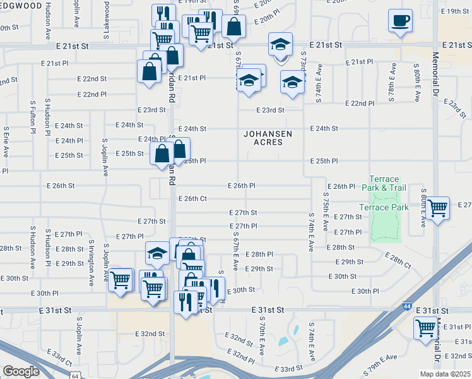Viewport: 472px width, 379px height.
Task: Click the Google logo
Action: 21,371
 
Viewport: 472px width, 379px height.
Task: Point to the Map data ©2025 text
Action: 446,374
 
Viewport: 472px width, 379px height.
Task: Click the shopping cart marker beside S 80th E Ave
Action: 437,207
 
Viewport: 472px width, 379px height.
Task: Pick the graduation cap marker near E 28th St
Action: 157,254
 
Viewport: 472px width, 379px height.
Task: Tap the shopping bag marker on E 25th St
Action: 162,153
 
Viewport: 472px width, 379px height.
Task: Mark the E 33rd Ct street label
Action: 62,361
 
